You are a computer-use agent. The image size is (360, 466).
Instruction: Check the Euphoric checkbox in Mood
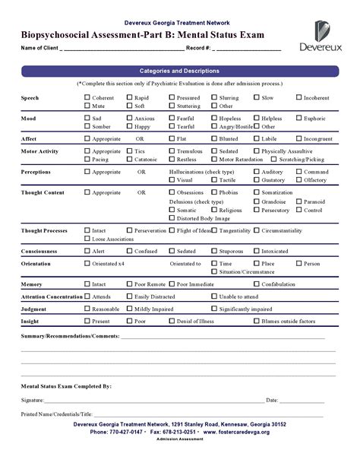click(x=298, y=119)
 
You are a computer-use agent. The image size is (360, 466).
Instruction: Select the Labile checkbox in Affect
click(x=256, y=139)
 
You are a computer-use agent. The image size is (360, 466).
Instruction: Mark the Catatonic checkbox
click(x=129, y=160)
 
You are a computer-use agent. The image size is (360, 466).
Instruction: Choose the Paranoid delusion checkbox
click(x=298, y=201)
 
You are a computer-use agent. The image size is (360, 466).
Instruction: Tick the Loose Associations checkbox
click(x=86, y=239)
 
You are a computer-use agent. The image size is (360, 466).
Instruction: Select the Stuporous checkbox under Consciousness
click(x=213, y=251)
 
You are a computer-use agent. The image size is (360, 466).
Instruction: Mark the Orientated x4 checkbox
click(x=86, y=263)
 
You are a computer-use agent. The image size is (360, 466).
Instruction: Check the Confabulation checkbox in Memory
click(x=256, y=284)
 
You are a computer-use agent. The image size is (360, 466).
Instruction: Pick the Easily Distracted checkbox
click(x=128, y=296)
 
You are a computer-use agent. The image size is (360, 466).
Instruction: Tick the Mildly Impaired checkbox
click(x=128, y=309)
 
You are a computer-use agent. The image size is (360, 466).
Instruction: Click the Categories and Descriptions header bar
click(x=179, y=71)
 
